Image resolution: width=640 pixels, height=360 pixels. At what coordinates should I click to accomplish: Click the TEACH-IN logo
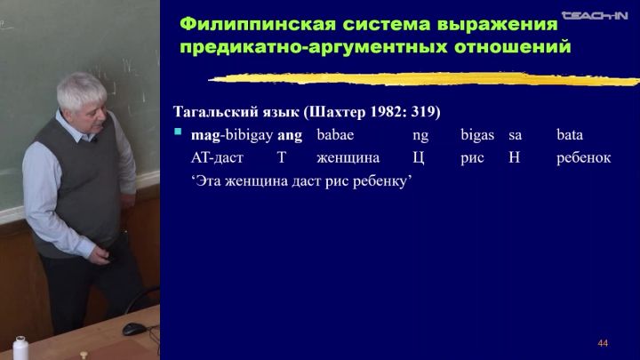coord(595,15)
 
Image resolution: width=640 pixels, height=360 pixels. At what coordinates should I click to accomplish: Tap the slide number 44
coord(603,343)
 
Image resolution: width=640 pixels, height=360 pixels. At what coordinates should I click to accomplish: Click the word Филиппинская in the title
coord(258,25)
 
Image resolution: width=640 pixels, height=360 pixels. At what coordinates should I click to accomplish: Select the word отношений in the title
coord(512,47)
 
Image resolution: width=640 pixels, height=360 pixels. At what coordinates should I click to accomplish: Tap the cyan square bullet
coord(178,132)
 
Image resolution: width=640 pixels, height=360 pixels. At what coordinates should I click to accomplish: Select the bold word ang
coord(290,135)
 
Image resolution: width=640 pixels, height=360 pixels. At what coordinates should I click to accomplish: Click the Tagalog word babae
coord(335,135)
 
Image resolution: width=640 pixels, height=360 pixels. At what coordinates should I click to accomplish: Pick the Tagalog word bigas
coord(477,135)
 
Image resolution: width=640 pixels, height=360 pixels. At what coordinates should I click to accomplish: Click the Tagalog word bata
coord(570,135)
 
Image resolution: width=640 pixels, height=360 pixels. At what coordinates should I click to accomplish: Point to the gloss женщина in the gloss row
coord(348,158)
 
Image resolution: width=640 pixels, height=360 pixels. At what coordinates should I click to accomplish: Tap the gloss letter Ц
coord(419,157)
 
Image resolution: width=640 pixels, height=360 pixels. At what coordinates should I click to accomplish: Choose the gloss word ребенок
coord(584,157)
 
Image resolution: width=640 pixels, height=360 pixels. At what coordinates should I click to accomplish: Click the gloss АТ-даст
coord(217,158)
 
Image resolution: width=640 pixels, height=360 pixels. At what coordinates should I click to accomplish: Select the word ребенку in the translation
coord(380,180)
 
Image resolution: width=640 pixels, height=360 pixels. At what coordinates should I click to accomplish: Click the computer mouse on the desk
coord(134,329)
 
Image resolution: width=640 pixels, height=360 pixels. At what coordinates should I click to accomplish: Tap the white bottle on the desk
coord(20,348)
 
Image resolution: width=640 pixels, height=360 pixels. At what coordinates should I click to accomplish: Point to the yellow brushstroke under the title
coord(424,79)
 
